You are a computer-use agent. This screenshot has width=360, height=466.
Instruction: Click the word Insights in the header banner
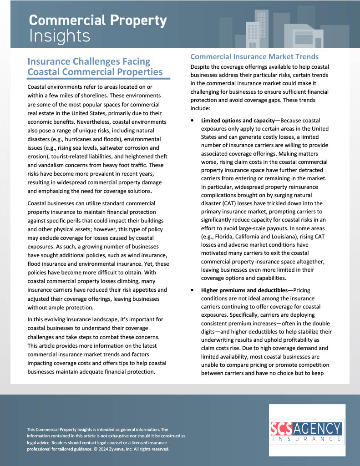click(60, 35)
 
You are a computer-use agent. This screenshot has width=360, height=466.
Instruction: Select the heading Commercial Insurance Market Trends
click(254, 56)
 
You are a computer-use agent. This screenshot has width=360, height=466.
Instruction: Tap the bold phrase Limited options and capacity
click(240, 121)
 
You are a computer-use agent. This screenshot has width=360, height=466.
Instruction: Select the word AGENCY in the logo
click(319, 429)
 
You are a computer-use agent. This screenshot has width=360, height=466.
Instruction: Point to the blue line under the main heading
click(99, 79)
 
